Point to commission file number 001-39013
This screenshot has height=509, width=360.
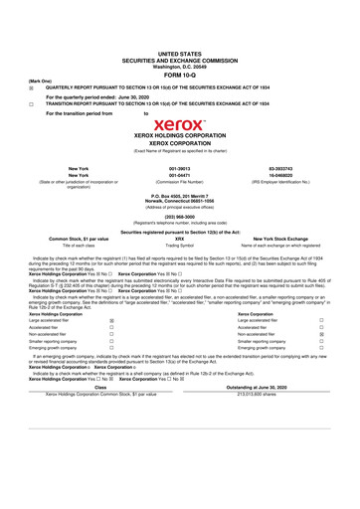179,169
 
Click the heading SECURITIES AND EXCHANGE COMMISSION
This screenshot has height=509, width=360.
179,59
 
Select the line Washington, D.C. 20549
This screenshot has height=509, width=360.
179,65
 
